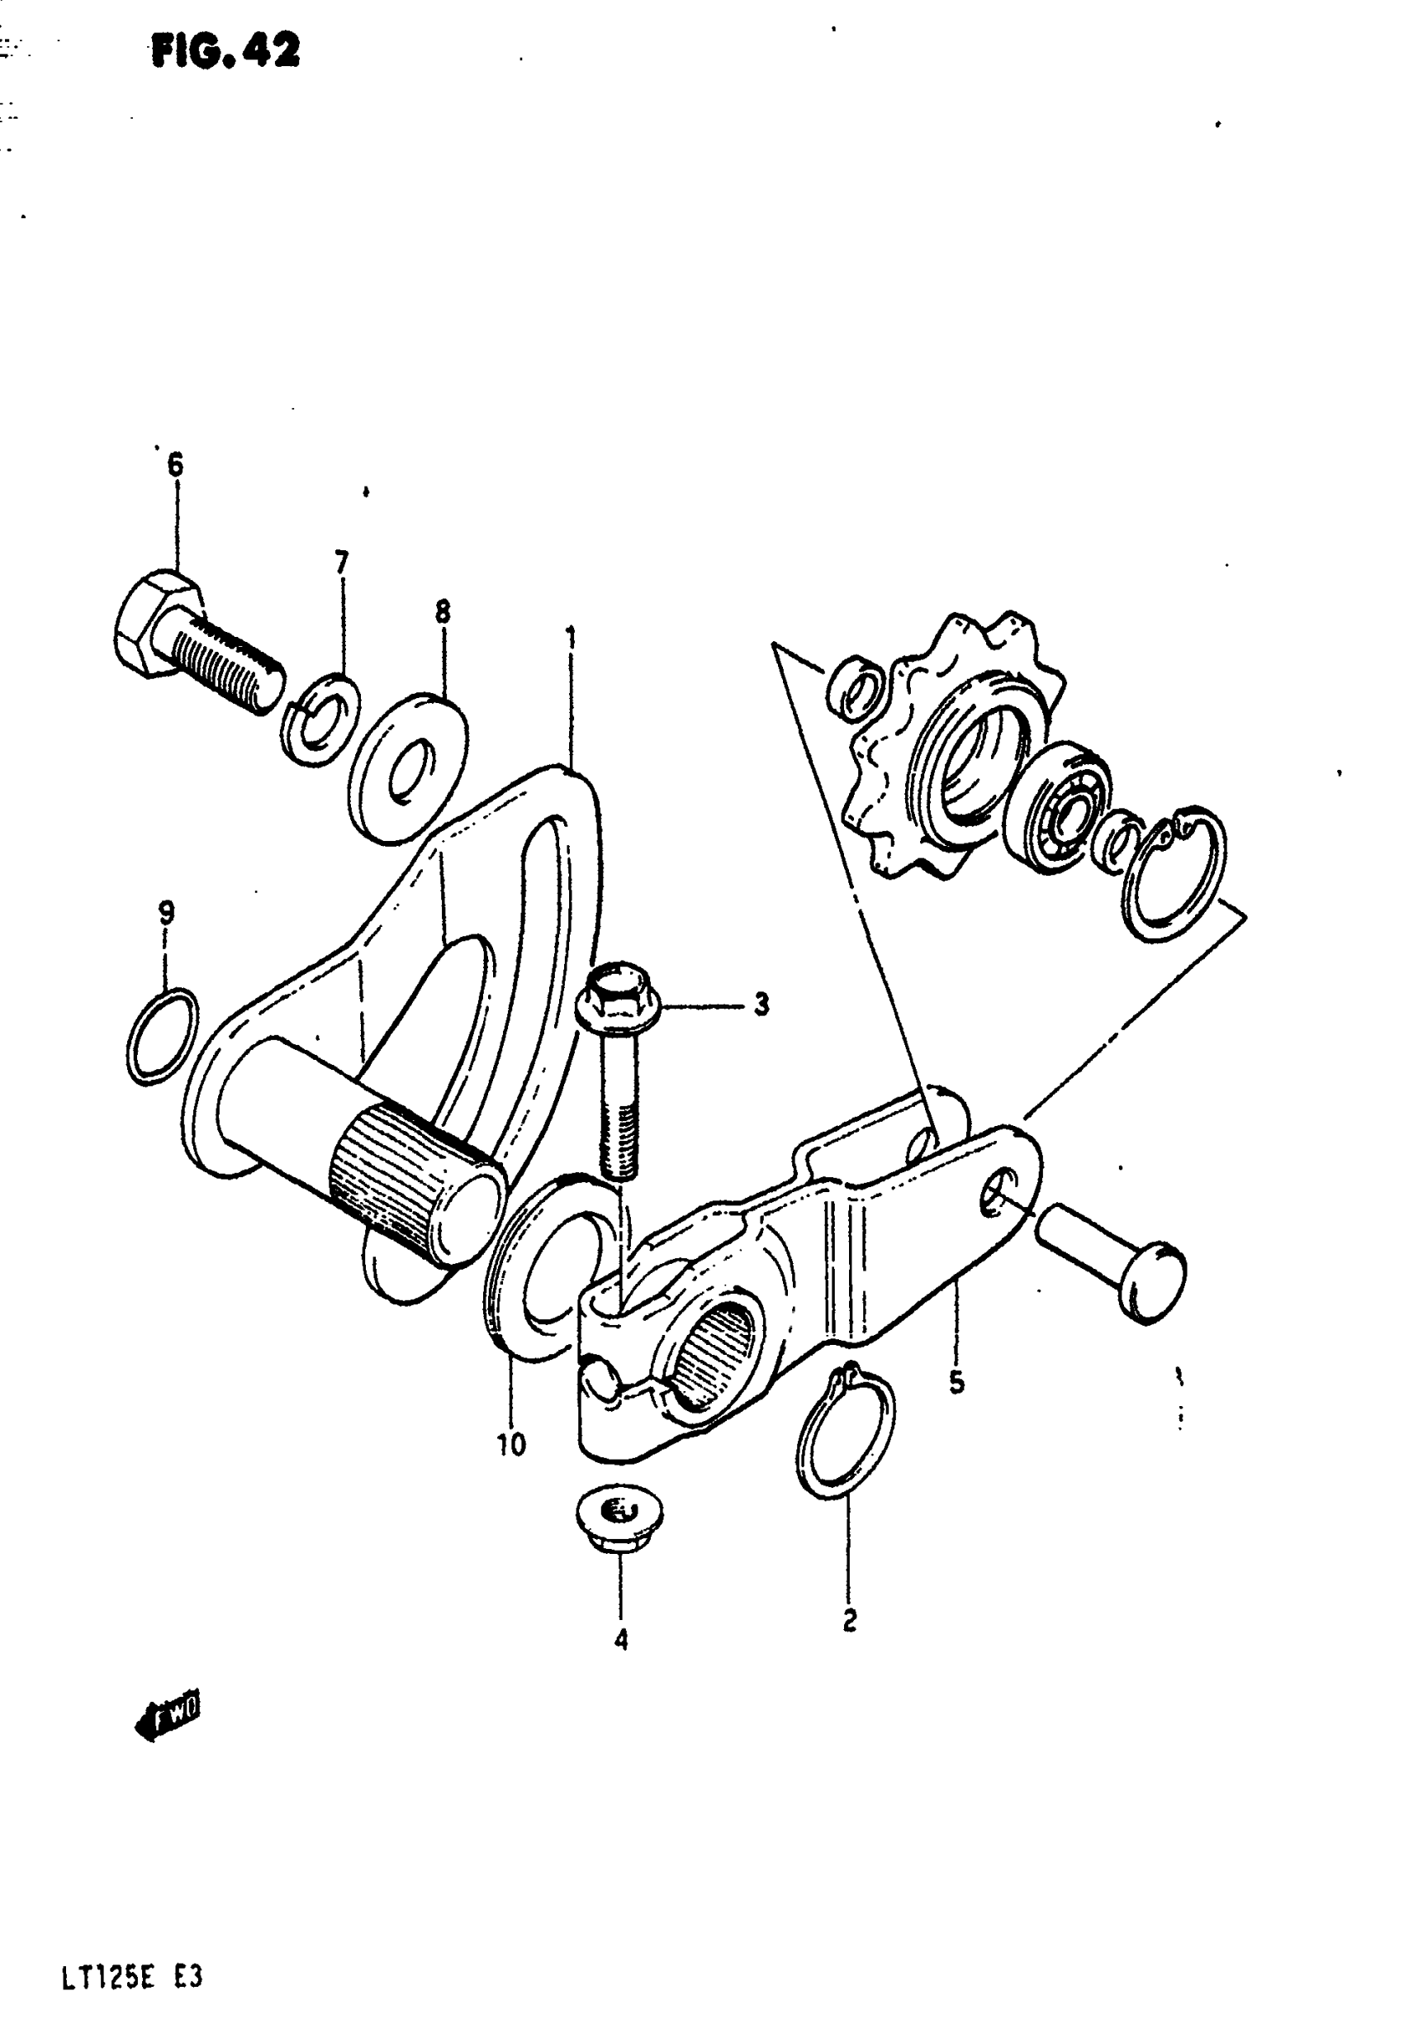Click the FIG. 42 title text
pyautogui.click(x=225, y=51)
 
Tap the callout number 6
pyautogui.click(x=175, y=465)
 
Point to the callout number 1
pyautogui.click(x=571, y=635)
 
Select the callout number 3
pyautogui.click(x=761, y=1005)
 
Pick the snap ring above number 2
pyautogui.click(x=845, y=1432)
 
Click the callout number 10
pyautogui.click(x=511, y=1444)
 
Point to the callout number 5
pyautogui.click(x=956, y=1381)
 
